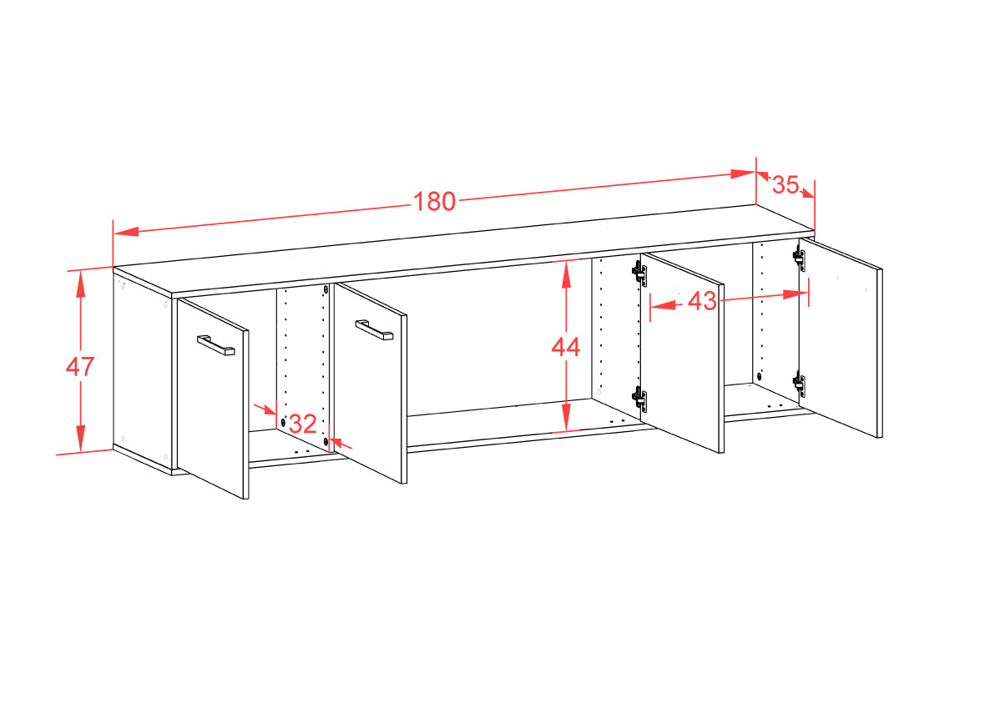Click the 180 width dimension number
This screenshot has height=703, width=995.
tap(435, 201)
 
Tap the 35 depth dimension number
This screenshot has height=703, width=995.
tap(785, 184)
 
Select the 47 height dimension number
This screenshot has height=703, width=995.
tap(80, 366)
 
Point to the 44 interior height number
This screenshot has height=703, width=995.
tap(565, 347)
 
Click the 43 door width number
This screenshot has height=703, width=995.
tap(702, 301)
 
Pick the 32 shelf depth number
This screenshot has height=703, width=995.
tap(303, 424)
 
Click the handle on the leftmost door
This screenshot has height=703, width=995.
tap(215, 345)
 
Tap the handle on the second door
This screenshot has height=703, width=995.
tap(375, 330)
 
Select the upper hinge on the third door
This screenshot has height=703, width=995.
tap(639, 273)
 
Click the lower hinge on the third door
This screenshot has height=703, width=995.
tap(639, 399)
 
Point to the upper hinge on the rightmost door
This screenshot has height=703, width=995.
tap(799, 258)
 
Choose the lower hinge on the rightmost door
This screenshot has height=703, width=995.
tap(799, 384)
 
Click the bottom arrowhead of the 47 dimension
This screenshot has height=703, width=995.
tap(81, 439)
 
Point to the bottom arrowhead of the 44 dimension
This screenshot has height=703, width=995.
tap(565, 419)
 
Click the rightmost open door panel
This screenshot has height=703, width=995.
tap(841, 338)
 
